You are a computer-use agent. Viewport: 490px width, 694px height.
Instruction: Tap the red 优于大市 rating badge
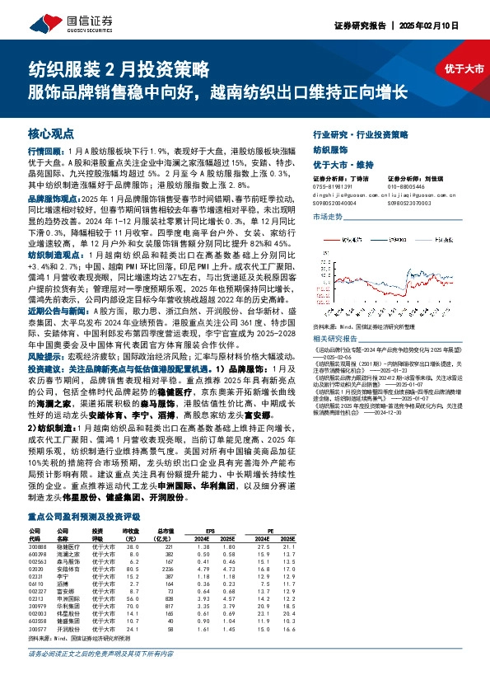(463, 68)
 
